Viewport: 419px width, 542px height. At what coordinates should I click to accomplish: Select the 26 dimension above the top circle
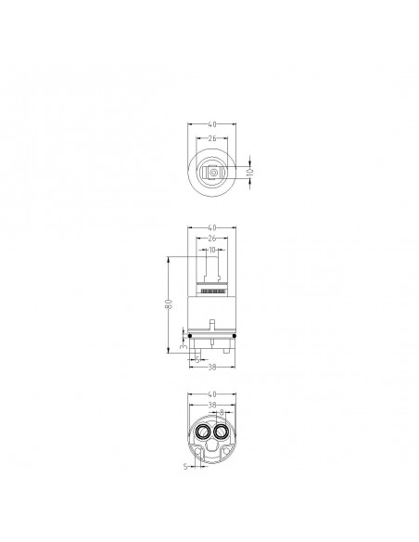pos(212,139)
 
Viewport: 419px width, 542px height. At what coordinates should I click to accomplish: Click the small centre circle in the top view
pos(212,173)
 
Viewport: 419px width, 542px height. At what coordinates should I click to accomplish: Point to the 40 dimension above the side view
pos(212,227)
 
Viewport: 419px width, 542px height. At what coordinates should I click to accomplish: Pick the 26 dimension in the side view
pos(212,239)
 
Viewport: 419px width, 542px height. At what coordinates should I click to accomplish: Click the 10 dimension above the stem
pos(212,250)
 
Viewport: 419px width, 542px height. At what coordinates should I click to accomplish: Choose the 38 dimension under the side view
pos(212,368)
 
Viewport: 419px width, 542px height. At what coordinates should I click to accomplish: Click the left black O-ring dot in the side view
pos(190,336)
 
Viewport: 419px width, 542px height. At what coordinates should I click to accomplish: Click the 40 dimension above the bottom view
pos(212,394)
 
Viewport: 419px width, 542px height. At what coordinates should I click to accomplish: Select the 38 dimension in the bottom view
pos(212,406)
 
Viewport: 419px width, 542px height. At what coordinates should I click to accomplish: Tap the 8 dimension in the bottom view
pos(222,414)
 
